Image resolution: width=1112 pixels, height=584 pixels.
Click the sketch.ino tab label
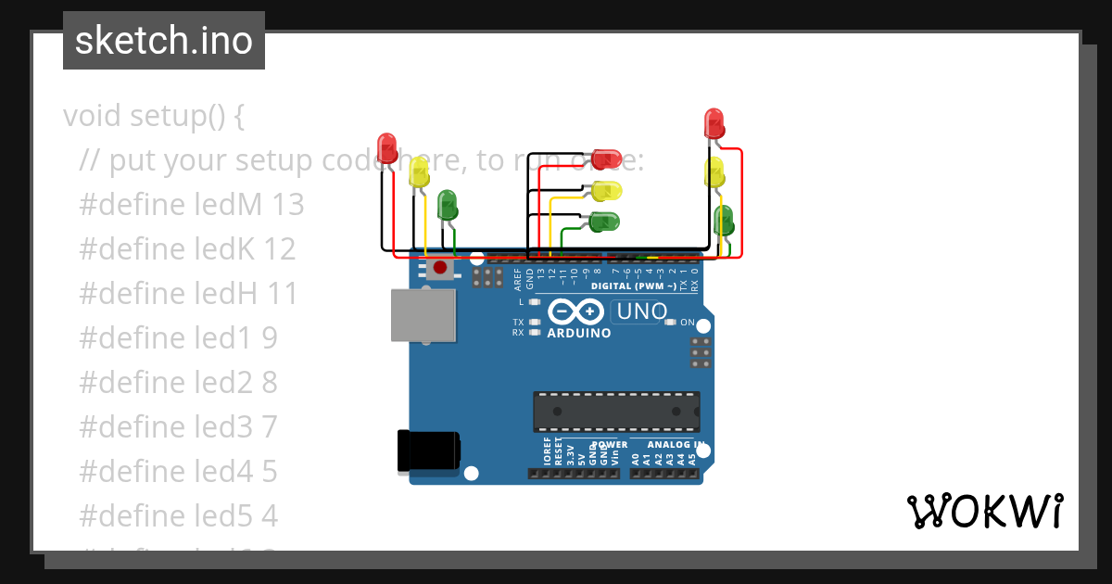[164, 41]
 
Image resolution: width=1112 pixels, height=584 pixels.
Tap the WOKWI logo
[985, 512]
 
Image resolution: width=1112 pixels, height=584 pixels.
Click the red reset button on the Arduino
[439, 269]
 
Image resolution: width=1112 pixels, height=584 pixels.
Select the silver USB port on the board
[423, 315]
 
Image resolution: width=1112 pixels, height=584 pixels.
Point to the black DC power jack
[427, 451]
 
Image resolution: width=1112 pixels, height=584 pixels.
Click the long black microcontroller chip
[616, 412]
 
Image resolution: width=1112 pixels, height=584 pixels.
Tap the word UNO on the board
[641, 311]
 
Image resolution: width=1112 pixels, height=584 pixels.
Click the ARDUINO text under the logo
[579, 333]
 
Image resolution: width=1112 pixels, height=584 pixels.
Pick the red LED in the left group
[387, 148]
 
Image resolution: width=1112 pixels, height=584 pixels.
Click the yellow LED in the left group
[419, 172]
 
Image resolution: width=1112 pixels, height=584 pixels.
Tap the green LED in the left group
[447, 205]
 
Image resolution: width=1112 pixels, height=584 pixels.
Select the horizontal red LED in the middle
[607, 159]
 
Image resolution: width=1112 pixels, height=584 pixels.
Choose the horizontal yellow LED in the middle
[607, 191]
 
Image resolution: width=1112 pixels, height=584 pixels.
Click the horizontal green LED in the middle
[604, 222]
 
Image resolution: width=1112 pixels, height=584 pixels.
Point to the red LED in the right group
[714, 123]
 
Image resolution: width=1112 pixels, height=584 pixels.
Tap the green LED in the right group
[724, 222]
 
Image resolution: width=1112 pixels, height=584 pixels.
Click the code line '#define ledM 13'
[192, 205]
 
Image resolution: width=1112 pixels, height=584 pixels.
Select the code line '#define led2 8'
[179, 383]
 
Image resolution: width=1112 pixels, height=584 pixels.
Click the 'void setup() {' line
[154, 117]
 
